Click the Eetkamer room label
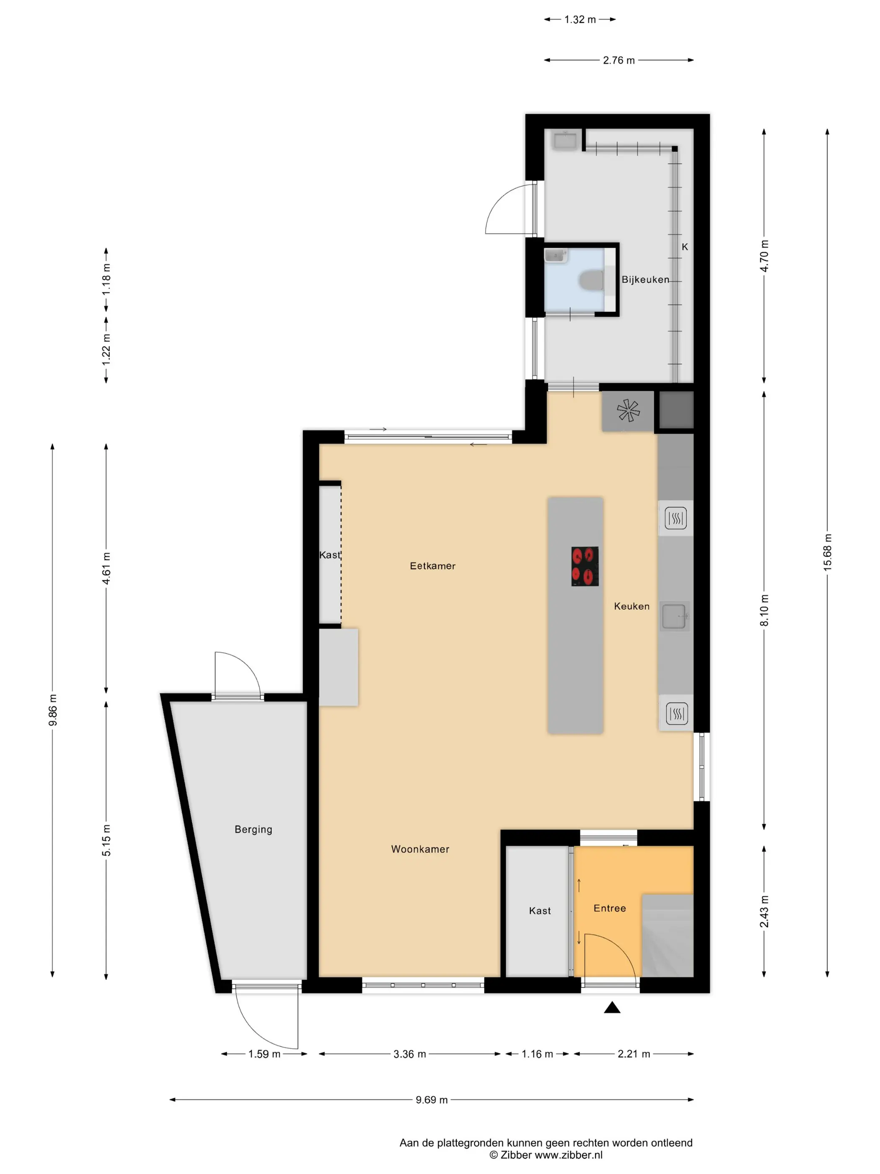pyautogui.click(x=432, y=566)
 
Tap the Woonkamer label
pyautogui.click(x=420, y=849)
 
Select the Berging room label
pyautogui.click(x=254, y=829)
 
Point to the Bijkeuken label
pyautogui.click(x=645, y=280)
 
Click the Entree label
pyautogui.click(x=609, y=908)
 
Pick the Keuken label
pyautogui.click(x=631, y=606)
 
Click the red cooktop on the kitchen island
pyautogui.click(x=585, y=566)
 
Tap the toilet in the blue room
pyautogui.click(x=591, y=280)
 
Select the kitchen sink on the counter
pyautogui.click(x=674, y=616)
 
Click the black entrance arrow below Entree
pyautogui.click(x=612, y=1008)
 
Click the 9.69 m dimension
pyautogui.click(x=431, y=1100)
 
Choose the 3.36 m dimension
pyautogui.click(x=409, y=1054)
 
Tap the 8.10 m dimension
pyautogui.click(x=764, y=610)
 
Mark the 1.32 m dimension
pyautogui.click(x=580, y=20)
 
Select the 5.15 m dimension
pyautogui.click(x=106, y=840)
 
